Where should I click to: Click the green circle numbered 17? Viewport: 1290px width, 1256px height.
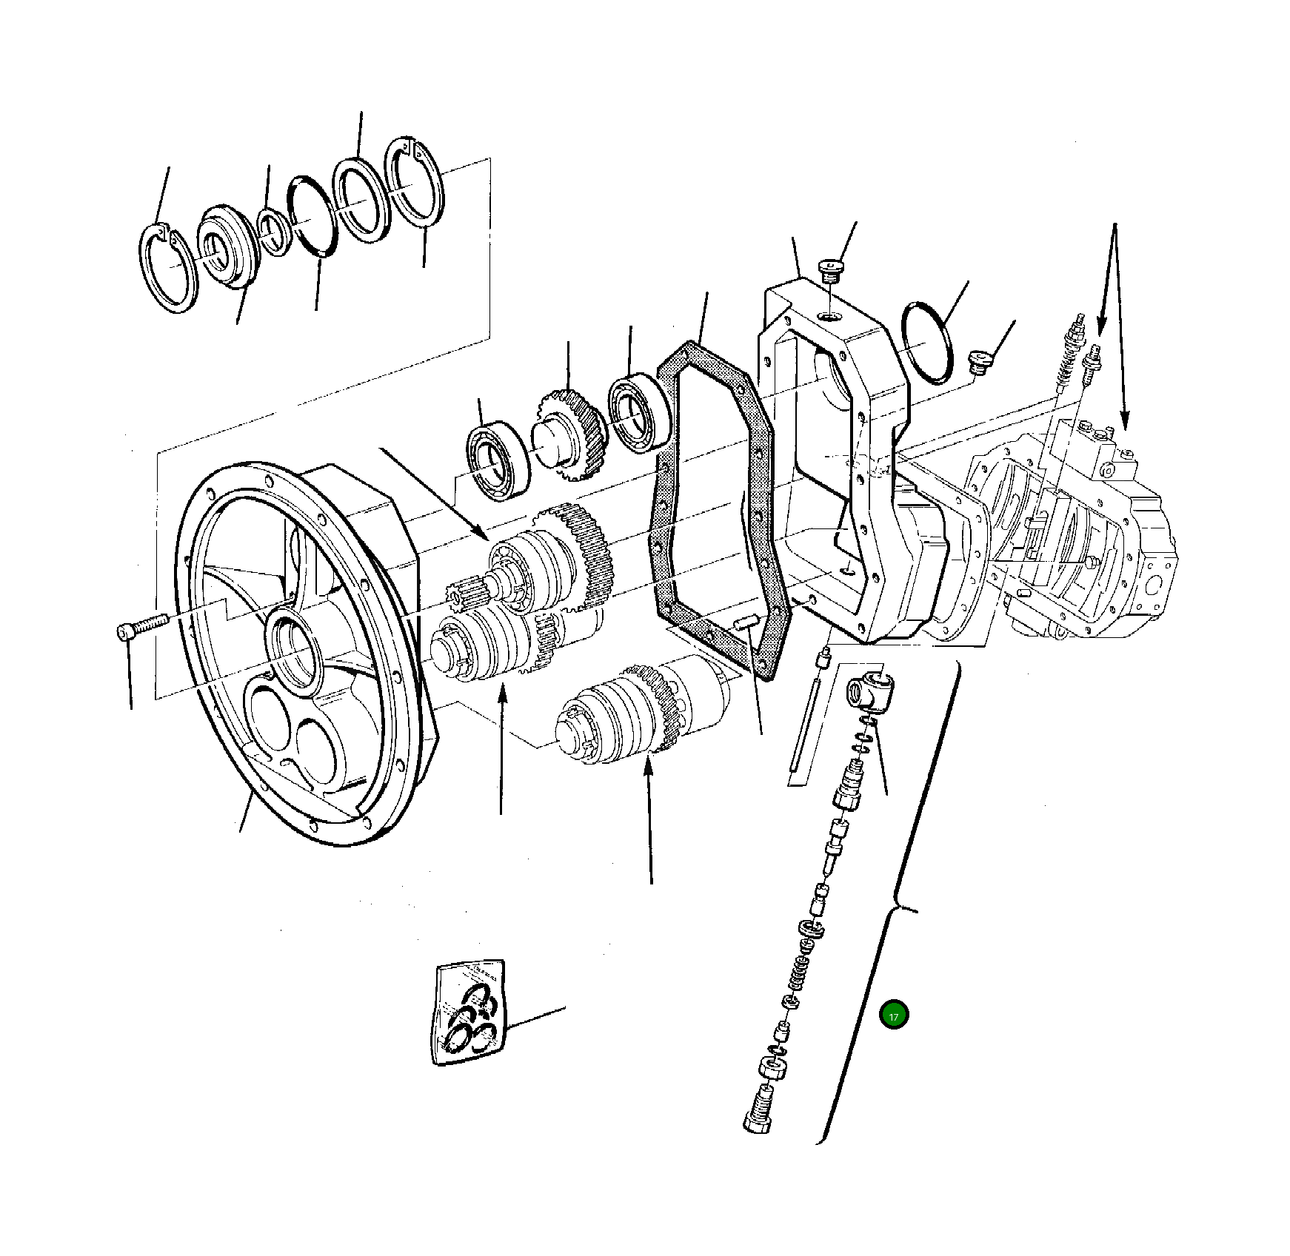(x=894, y=1015)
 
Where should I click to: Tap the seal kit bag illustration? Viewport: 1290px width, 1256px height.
(x=470, y=1012)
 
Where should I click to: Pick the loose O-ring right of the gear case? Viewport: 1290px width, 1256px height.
(x=927, y=342)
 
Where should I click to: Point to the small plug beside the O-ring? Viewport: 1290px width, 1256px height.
(x=980, y=363)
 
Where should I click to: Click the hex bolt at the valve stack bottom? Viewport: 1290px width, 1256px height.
(x=758, y=1117)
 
